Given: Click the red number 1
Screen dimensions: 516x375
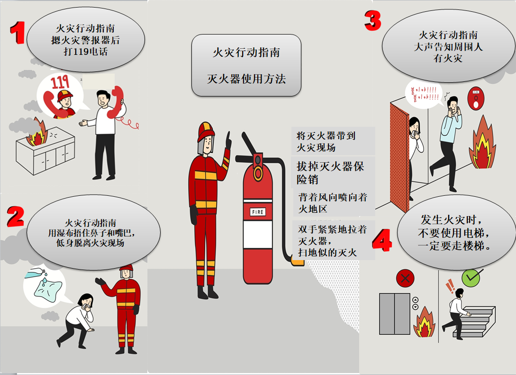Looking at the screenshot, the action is pos(18,33).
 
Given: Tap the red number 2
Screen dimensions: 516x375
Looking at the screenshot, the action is pos(16,217).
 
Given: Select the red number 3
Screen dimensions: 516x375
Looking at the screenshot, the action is pos(373,20).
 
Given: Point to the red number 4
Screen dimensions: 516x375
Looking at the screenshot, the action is pos(382,240).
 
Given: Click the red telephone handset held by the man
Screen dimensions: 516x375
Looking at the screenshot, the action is pos(116,102).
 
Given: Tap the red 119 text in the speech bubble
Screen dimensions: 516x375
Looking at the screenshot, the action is pos(60,82).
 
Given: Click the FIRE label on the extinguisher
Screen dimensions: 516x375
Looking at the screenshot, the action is pos(258,212).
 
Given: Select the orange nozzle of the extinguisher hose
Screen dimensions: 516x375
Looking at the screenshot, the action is pos(297,262).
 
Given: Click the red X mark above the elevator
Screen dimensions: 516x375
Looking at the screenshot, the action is pos(405,279).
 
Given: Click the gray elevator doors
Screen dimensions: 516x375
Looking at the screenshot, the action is pos(395,314).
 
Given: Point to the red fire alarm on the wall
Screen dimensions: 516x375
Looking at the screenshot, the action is pos(476,98).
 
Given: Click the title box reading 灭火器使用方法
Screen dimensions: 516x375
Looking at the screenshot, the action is pos(246,65).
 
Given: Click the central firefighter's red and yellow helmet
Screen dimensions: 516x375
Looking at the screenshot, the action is pos(206,131).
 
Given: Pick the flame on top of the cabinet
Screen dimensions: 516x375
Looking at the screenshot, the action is pos(36,133).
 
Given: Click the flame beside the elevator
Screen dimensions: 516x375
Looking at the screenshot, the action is pos(424,323).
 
